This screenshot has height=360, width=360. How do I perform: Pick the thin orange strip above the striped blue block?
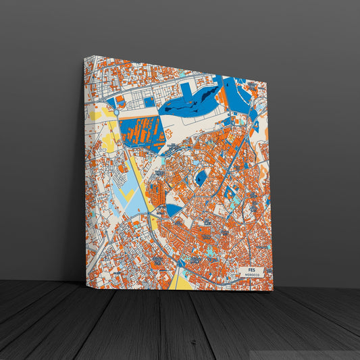click(138, 115)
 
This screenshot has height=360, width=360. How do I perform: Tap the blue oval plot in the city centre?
click(201, 178)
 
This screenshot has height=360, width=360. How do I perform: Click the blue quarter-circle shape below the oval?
click(174, 209)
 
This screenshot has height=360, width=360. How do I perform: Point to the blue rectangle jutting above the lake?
click(186, 90)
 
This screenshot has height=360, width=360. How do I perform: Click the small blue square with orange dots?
click(149, 102)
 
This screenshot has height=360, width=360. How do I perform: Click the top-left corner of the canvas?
click(85, 57)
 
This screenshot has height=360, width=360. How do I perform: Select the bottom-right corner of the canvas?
click(273, 290)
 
